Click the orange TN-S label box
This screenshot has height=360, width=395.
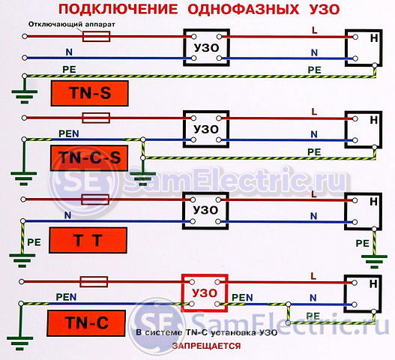(x=90, y=93)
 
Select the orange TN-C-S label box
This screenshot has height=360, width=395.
(x=89, y=158)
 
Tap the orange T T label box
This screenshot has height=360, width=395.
(x=88, y=240)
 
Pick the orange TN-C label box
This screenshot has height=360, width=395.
(x=86, y=323)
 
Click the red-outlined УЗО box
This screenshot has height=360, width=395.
(x=183, y=293)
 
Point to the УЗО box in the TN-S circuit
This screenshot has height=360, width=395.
(x=184, y=47)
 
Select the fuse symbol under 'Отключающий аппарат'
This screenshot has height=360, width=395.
(x=96, y=37)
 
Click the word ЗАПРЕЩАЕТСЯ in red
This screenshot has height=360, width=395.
(x=206, y=346)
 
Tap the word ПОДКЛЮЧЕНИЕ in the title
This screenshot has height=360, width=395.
(x=118, y=10)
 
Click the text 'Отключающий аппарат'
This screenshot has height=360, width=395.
(x=72, y=25)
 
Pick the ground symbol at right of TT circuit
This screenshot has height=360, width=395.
(x=374, y=262)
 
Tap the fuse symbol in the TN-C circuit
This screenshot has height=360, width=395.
(x=94, y=281)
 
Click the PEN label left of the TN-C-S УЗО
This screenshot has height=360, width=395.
(x=69, y=133)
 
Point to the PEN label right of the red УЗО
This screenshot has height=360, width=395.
(x=242, y=298)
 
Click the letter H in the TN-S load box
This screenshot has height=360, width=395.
(x=374, y=38)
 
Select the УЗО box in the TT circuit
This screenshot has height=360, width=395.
(x=184, y=211)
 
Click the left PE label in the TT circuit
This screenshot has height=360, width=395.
(x=34, y=242)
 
